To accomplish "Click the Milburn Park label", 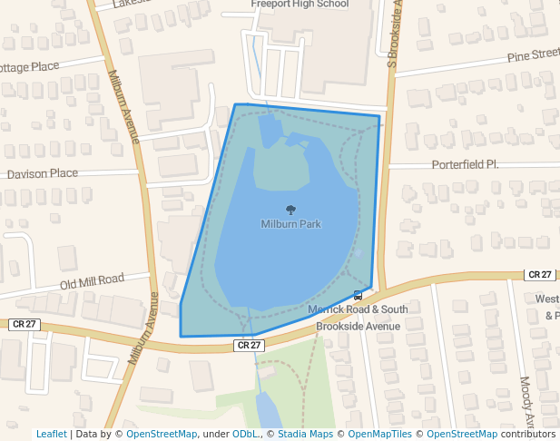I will (290, 224).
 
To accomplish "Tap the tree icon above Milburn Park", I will (290, 210).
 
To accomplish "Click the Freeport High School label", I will (300, 4).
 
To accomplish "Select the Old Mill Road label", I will (92, 281).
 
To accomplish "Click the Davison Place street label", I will (43, 173).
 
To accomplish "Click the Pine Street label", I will (534, 56).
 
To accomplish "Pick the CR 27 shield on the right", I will (539, 275).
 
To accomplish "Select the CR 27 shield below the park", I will (249, 345).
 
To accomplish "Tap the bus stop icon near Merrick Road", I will (359, 295).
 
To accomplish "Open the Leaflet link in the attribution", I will (51, 434).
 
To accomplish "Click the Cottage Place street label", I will (29, 67).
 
